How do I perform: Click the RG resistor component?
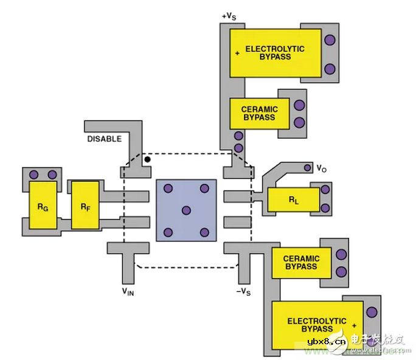click(x=43, y=206)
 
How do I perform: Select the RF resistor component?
click(x=85, y=205)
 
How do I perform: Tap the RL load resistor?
click(x=293, y=200)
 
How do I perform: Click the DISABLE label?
click(x=104, y=139)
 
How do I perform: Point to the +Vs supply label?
click(x=229, y=16)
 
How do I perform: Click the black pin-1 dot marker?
click(x=147, y=160)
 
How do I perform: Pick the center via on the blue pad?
click(x=186, y=210)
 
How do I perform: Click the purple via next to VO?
click(x=306, y=167)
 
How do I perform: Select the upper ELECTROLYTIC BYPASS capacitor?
click(x=275, y=52)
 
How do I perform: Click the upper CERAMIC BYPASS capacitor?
click(x=260, y=113)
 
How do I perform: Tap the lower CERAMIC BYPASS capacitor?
click(x=300, y=263)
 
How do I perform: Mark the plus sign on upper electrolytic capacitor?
click(x=237, y=53)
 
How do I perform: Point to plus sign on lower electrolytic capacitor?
click(x=353, y=325)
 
